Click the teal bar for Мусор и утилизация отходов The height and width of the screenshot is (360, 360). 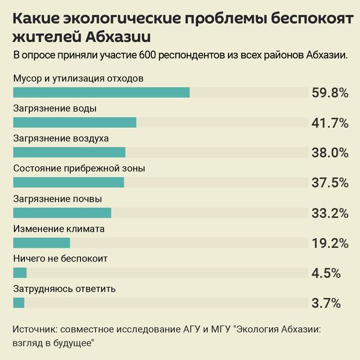point(101,92)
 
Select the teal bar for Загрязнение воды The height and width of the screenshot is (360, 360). point(74,122)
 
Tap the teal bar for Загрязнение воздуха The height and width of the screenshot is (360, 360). point(69,152)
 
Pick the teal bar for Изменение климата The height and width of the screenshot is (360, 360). point(41,243)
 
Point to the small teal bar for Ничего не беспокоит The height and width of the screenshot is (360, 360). point(20,273)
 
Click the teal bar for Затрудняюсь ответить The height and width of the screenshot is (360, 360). point(19,303)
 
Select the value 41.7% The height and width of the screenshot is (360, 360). point(330,123)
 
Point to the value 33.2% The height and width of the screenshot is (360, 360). point(330,213)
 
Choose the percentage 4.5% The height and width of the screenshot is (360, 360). point(326,273)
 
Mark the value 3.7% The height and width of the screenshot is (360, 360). point(326,303)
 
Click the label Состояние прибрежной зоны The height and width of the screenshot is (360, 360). point(79,169)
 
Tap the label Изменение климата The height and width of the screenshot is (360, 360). point(59,229)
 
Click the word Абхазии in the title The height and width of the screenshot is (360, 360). point(119,37)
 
